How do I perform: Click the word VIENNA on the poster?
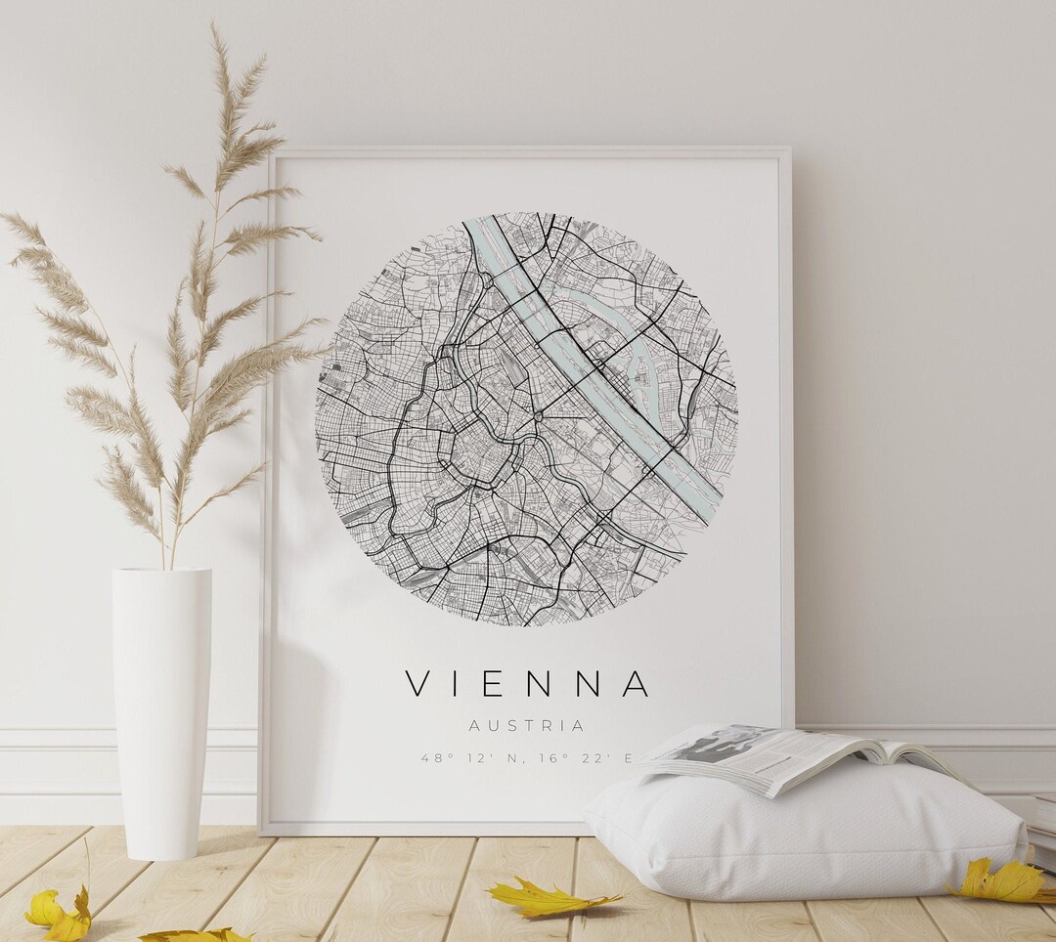pos(527,684)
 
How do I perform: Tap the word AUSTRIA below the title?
pos(527,726)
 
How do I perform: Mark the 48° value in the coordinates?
pos(432,757)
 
